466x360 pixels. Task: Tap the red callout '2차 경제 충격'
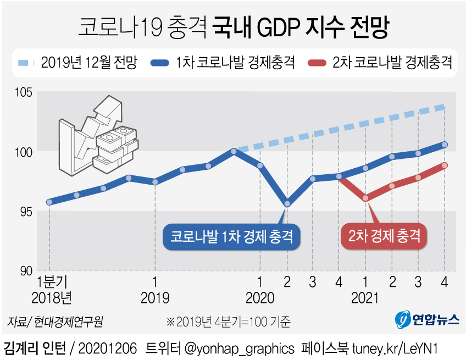click(x=384, y=237)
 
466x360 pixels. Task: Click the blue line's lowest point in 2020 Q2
click(x=287, y=204)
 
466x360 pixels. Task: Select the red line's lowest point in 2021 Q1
click(x=365, y=198)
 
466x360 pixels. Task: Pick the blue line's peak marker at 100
click(x=235, y=151)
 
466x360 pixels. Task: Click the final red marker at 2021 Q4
click(x=445, y=165)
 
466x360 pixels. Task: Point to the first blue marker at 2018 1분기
click(x=49, y=202)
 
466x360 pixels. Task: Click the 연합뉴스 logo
click(x=427, y=319)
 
